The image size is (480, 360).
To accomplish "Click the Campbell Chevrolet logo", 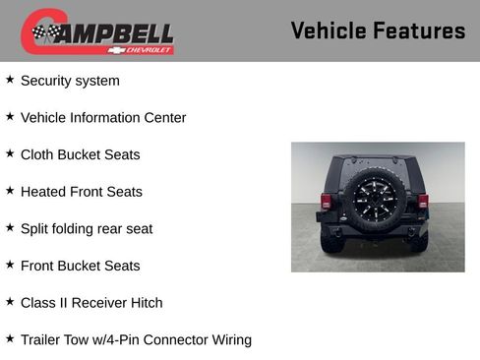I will pos(97,32).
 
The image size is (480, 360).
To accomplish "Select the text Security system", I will pos(70,81).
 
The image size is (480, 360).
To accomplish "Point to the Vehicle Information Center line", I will pos(103,118).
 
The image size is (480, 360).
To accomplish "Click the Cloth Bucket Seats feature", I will pos(80,154).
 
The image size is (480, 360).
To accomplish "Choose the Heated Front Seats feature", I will pos(81,192).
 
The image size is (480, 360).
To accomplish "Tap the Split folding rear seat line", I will pos(87,228).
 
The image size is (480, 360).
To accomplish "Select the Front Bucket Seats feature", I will pos(80,266).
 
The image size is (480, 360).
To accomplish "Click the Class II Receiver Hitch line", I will pos(91,303).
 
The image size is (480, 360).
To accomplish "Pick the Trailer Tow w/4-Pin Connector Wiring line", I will pos(136,340).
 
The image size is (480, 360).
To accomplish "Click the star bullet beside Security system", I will pos(10,80).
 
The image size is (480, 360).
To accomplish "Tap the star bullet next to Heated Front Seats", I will pos(10,191).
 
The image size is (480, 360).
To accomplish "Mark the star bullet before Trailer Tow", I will pos(10,339).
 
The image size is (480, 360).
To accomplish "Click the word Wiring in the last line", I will pos(227,340).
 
